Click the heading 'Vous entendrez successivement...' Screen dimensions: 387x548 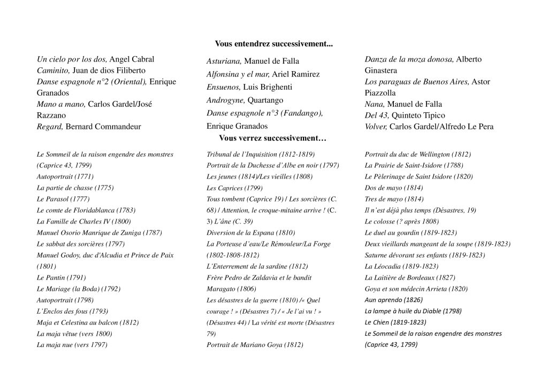[273, 44]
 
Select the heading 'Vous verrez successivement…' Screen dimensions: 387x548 [272, 138]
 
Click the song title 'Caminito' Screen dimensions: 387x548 [53, 70]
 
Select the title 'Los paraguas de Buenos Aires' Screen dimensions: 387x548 [415, 82]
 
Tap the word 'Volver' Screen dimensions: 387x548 [375, 127]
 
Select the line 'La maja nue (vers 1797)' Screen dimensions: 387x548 [72, 345]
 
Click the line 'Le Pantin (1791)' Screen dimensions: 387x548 [61, 277]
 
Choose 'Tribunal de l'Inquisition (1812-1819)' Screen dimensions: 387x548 [261, 154]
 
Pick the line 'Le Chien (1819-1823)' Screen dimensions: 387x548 [395, 322]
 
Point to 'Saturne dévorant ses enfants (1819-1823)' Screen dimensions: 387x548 [424, 255]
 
